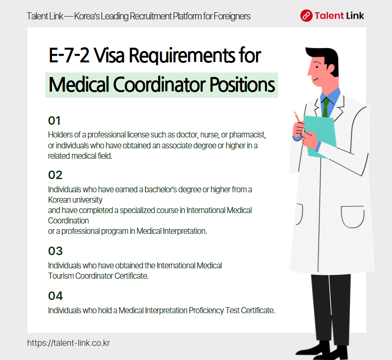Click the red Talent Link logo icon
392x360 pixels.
click(307, 16)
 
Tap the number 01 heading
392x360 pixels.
click(55, 121)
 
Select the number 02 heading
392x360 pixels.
click(55, 175)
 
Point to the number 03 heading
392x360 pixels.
click(55, 251)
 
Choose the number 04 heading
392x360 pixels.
click(55, 296)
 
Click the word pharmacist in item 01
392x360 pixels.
click(250, 135)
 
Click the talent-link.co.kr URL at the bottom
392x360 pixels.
click(68, 343)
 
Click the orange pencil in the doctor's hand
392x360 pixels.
click(298, 117)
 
